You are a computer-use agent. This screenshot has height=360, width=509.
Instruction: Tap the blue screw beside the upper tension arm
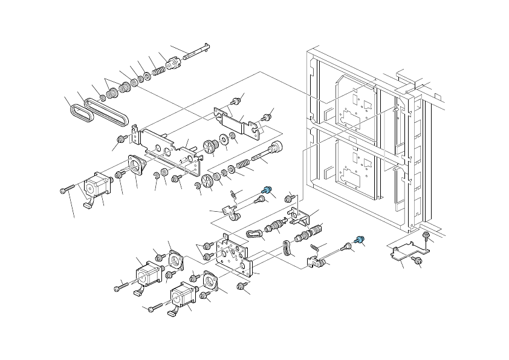tap(264, 190)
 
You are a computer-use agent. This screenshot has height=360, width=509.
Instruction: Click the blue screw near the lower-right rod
tap(360, 240)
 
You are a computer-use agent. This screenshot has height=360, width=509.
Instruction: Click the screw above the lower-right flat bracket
tap(426, 235)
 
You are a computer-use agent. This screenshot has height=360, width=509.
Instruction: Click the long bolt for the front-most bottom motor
tap(155, 307)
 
